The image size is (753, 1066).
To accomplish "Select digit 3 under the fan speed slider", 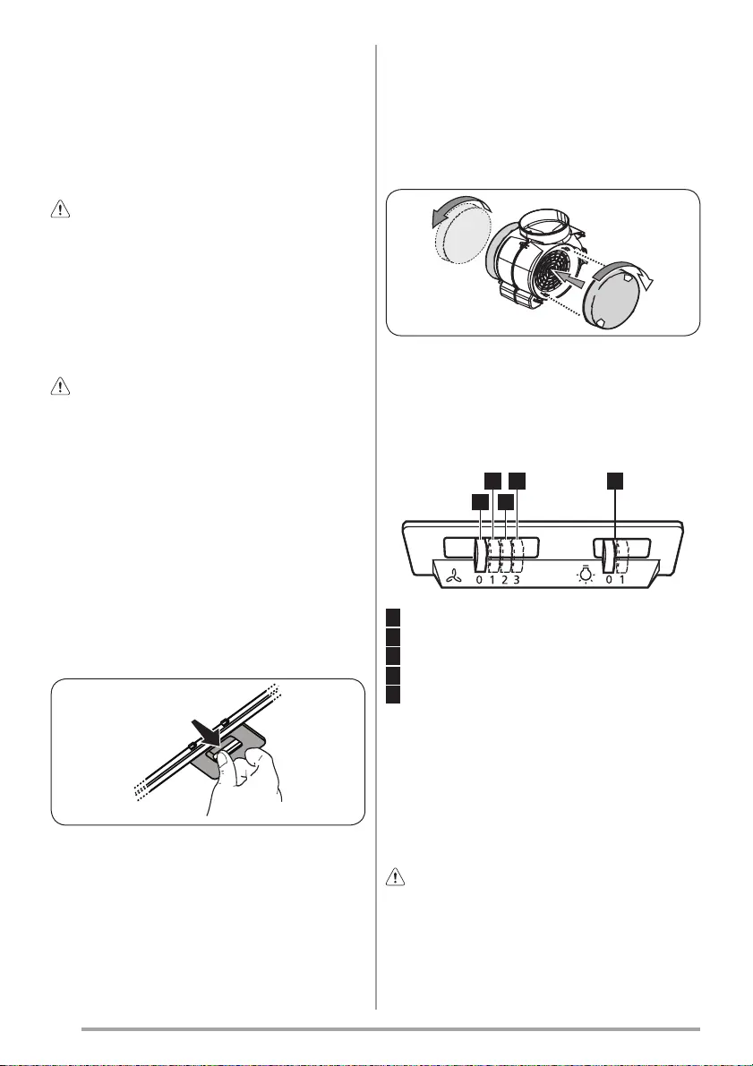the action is (x=518, y=580).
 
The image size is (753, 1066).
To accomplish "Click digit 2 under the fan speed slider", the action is (x=505, y=580).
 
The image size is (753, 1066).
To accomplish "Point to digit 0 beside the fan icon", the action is (x=479, y=580).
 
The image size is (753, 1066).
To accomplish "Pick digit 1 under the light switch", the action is (x=621, y=580).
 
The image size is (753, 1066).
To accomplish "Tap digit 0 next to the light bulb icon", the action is (x=609, y=580).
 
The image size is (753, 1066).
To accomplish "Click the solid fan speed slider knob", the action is (x=480, y=554).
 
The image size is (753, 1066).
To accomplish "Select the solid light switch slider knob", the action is (x=609, y=554).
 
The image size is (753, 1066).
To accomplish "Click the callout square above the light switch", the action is (x=615, y=480).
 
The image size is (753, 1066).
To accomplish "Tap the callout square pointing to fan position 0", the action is (x=480, y=502).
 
